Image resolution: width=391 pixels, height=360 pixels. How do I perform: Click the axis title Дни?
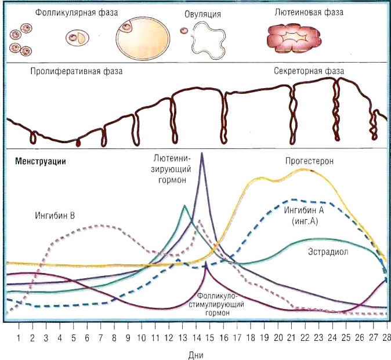tap(195, 352)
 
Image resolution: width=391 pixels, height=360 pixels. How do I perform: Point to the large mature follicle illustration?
tap(143, 39)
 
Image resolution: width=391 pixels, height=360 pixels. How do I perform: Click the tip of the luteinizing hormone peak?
tap(201, 153)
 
